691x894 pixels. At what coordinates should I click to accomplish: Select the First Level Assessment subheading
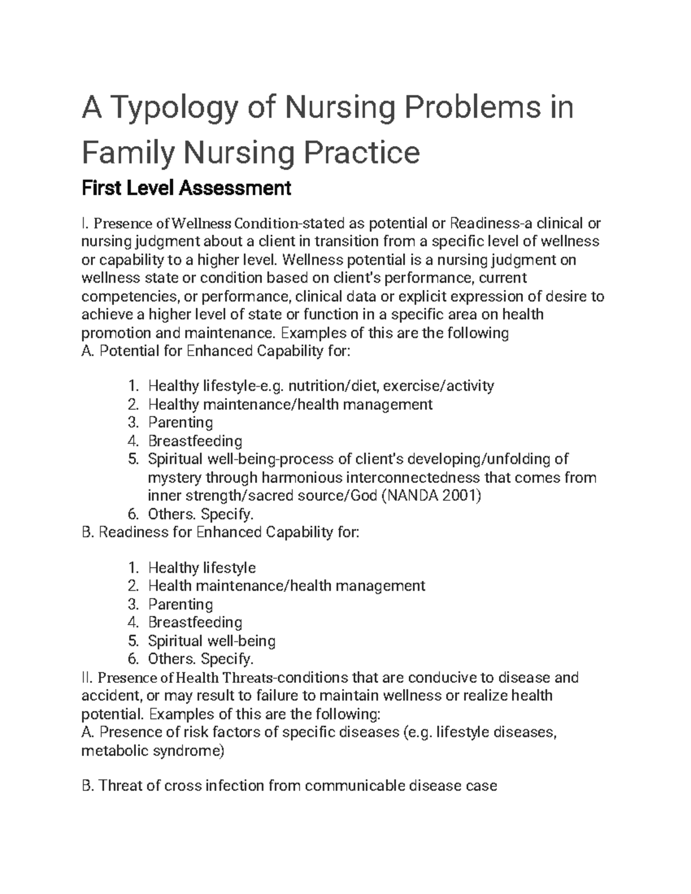tap(187, 188)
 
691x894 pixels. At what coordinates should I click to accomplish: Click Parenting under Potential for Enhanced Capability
tap(180, 423)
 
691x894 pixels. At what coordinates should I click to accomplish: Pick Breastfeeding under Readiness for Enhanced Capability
tap(195, 622)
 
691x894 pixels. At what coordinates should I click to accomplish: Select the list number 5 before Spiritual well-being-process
tap(133, 459)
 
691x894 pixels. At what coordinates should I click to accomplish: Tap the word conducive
tap(451, 678)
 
